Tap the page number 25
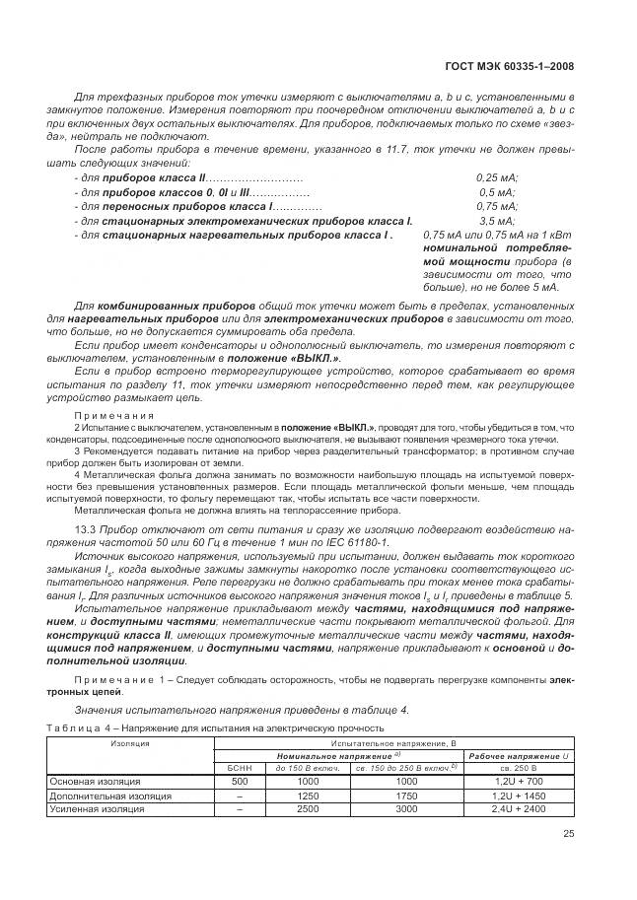[x=568, y=836]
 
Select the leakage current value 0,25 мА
[x=497, y=177]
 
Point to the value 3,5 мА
[x=497, y=222]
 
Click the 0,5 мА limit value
[x=497, y=192]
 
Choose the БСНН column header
[x=240, y=766]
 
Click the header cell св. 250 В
[x=518, y=766]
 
